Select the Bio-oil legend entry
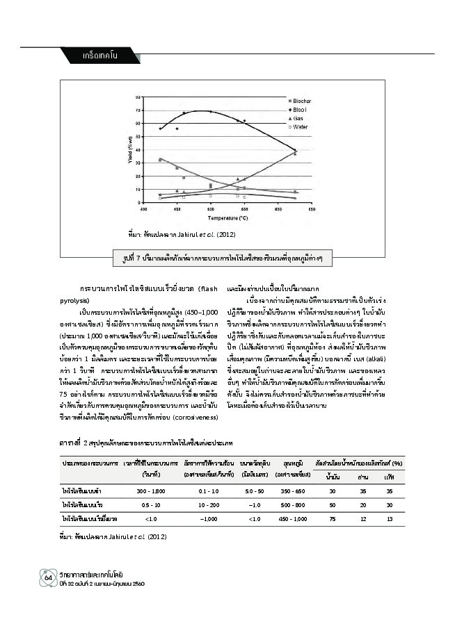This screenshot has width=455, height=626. pos(298,110)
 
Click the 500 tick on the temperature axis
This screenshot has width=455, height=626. pos(211,208)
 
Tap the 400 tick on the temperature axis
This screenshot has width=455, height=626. pos(143,208)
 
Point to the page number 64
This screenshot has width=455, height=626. pos(49,578)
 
